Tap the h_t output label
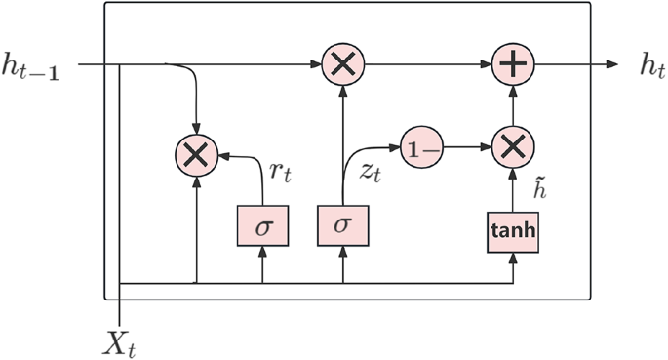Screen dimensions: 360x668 pyautogui.click(x=650, y=65)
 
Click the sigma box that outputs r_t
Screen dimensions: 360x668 pyautogui.click(x=261, y=225)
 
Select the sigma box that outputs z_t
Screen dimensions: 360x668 pyautogui.click(x=342, y=225)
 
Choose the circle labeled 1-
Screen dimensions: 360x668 pyautogui.click(x=422, y=148)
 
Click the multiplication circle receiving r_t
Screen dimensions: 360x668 pyautogui.click(x=197, y=154)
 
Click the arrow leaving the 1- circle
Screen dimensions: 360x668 pyautogui.click(x=468, y=148)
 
